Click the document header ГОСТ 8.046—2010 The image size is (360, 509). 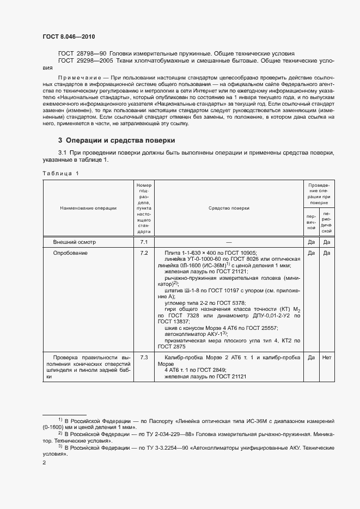68,36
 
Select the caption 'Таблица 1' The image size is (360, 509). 60,173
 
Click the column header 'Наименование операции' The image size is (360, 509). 88,208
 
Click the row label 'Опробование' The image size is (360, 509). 70,253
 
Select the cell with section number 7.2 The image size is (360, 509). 144,253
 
